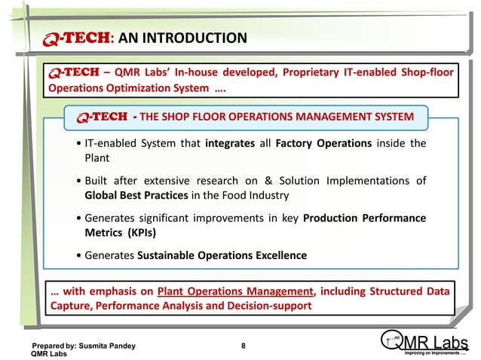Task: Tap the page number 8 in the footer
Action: click(243, 346)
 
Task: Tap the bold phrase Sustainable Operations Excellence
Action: click(222, 255)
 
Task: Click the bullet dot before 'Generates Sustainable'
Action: click(79, 255)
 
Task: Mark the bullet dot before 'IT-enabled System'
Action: click(79, 143)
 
